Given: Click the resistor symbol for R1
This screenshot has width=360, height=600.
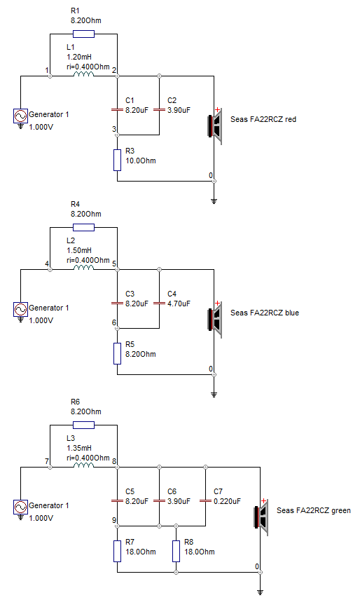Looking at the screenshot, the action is (x=83, y=34).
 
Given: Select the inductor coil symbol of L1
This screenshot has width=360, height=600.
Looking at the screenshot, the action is (x=83, y=74).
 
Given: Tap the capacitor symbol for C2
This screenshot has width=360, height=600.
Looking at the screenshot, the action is (x=160, y=110).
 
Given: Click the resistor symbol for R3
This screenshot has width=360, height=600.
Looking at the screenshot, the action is (x=118, y=161).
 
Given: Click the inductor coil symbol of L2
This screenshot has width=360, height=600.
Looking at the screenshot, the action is (x=83, y=268).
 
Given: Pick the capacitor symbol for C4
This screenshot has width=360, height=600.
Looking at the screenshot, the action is (x=160, y=304).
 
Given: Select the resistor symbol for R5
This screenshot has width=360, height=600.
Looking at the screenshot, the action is (x=118, y=353).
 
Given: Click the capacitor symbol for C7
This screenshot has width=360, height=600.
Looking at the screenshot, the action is (x=206, y=501).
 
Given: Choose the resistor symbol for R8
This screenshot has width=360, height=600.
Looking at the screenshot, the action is (x=176, y=552).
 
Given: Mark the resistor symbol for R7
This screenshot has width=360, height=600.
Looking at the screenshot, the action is (x=118, y=552).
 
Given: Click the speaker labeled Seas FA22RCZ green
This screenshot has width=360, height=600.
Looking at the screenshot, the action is (x=261, y=517).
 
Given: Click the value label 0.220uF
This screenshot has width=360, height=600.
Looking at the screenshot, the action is (x=228, y=501).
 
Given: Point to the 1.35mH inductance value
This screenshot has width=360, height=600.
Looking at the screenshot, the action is (x=79, y=448).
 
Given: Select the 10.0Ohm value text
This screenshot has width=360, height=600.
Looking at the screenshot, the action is (x=141, y=161).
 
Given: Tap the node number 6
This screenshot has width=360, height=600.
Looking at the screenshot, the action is (x=114, y=322).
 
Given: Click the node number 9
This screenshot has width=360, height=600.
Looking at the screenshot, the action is (x=114, y=520).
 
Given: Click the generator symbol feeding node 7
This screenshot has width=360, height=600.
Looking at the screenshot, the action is (x=20, y=507).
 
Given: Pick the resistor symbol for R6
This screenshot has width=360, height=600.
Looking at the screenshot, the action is (x=83, y=425).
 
